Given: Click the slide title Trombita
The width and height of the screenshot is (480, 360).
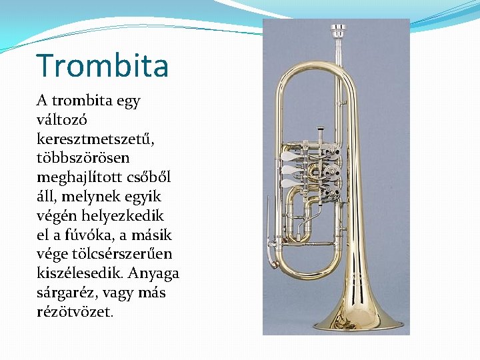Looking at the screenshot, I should [103, 65].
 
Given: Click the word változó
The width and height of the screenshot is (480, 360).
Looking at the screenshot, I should [63, 120].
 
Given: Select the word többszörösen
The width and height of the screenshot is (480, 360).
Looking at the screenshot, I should [83, 159].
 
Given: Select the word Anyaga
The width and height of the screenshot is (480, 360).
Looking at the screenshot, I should [155, 273].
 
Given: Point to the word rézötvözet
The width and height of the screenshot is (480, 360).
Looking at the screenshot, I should [75, 311].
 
